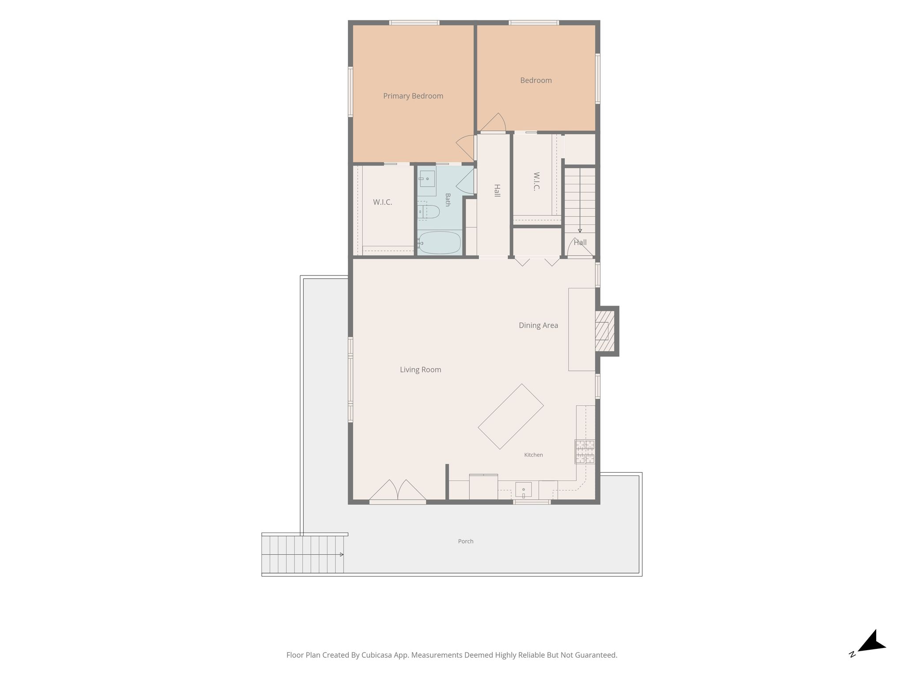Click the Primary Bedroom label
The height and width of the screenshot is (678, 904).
point(413,96)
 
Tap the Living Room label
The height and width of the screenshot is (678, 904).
point(420,370)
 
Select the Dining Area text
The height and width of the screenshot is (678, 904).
point(538,325)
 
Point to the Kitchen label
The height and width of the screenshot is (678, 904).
point(533,455)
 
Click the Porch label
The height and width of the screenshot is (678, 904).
point(466,541)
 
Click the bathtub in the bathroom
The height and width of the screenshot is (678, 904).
point(439,242)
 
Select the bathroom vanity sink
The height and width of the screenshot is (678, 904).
point(427,179)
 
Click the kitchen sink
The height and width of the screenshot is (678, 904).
point(524,490)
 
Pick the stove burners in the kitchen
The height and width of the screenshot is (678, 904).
point(584,452)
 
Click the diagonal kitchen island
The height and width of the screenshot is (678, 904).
point(511,416)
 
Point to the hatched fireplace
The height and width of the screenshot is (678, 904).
point(604,331)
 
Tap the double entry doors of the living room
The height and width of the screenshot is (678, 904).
point(398,491)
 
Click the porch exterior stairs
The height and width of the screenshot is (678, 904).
point(303,554)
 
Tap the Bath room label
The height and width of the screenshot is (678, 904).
point(448,200)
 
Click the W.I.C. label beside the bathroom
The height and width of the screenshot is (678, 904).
point(382,202)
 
